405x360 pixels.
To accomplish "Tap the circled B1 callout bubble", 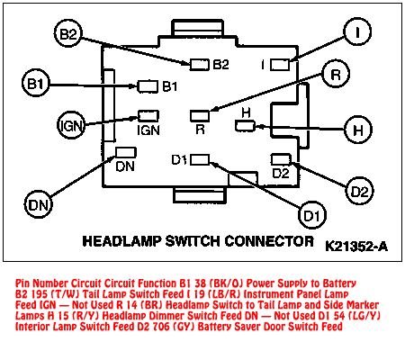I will (x=36, y=85).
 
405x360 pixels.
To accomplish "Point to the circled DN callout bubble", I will (x=38, y=205).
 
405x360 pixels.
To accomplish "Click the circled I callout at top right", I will (x=358, y=34).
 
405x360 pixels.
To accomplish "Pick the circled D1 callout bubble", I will (x=312, y=215).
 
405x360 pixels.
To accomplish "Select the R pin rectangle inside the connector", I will (x=200, y=114).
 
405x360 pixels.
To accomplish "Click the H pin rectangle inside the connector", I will (x=244, y=124).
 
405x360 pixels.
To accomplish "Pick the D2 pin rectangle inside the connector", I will (x=280, y=159).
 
